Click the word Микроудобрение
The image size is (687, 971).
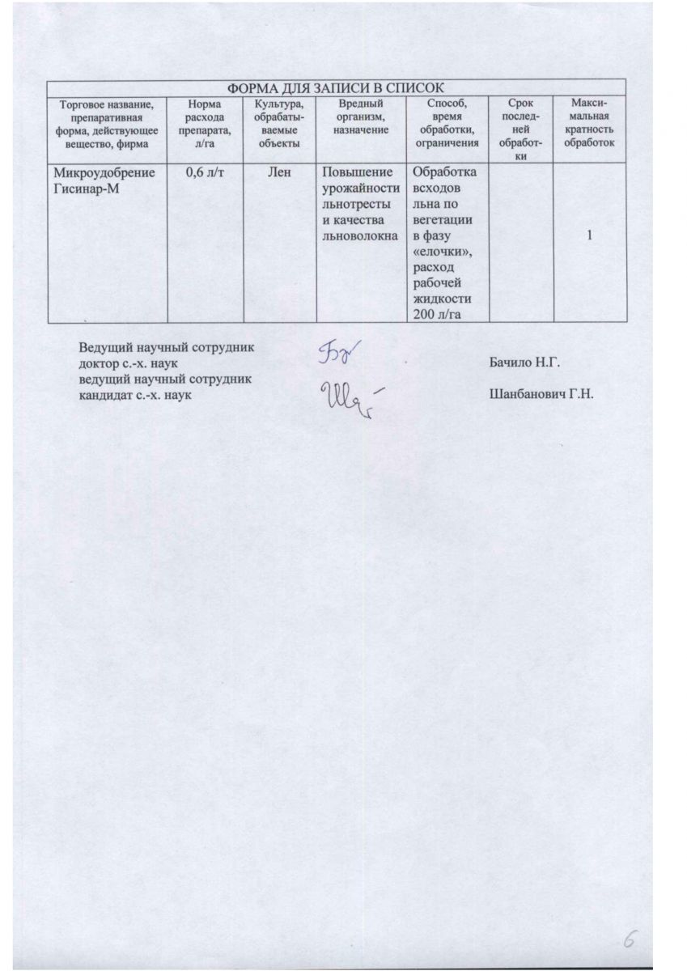(x=104, y=172)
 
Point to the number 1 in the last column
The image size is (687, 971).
(x=590, y=235)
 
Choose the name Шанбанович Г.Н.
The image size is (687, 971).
(x=541, y=395)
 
